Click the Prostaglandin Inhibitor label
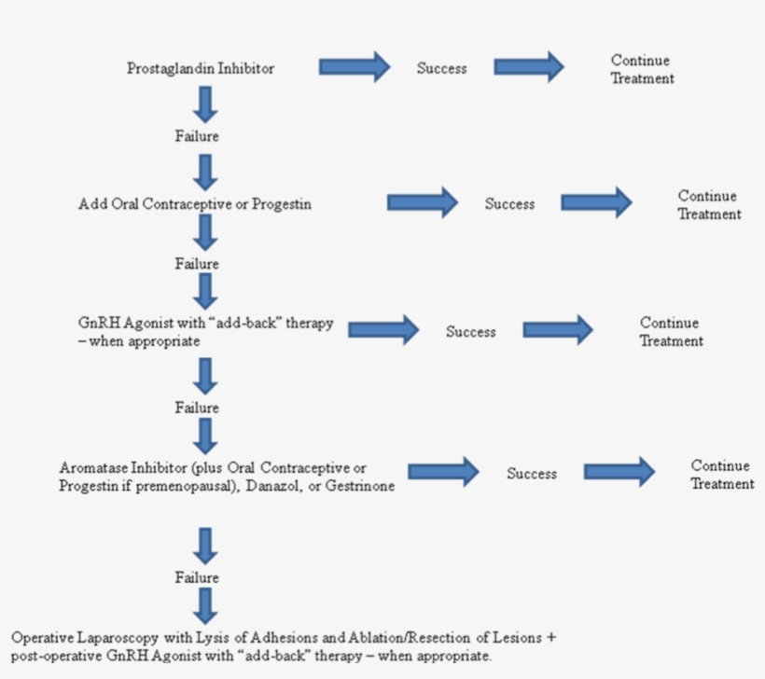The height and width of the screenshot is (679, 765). click(201, 68)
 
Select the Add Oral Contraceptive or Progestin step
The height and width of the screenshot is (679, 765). click(194, 204)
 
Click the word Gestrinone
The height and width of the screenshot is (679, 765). click(359, 487)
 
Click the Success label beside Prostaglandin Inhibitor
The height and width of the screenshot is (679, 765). click(441, 68)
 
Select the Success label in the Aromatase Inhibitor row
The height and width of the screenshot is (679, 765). click(532, 474)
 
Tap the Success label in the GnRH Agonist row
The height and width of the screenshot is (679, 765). click(470, 332)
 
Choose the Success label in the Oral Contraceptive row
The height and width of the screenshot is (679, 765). click(509, 204)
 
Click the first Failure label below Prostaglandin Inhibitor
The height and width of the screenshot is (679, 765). click(197, 137)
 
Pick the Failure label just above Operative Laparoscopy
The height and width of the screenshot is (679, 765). click(197, 578)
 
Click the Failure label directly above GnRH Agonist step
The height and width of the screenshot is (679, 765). click(197, 264)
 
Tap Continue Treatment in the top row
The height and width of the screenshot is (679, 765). click(642, 70)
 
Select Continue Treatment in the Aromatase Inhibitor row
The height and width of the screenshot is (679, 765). click(722, 475)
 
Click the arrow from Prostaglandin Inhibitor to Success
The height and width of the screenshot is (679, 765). click(355, 66)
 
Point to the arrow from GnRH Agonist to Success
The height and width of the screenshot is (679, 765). click(383, 329)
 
